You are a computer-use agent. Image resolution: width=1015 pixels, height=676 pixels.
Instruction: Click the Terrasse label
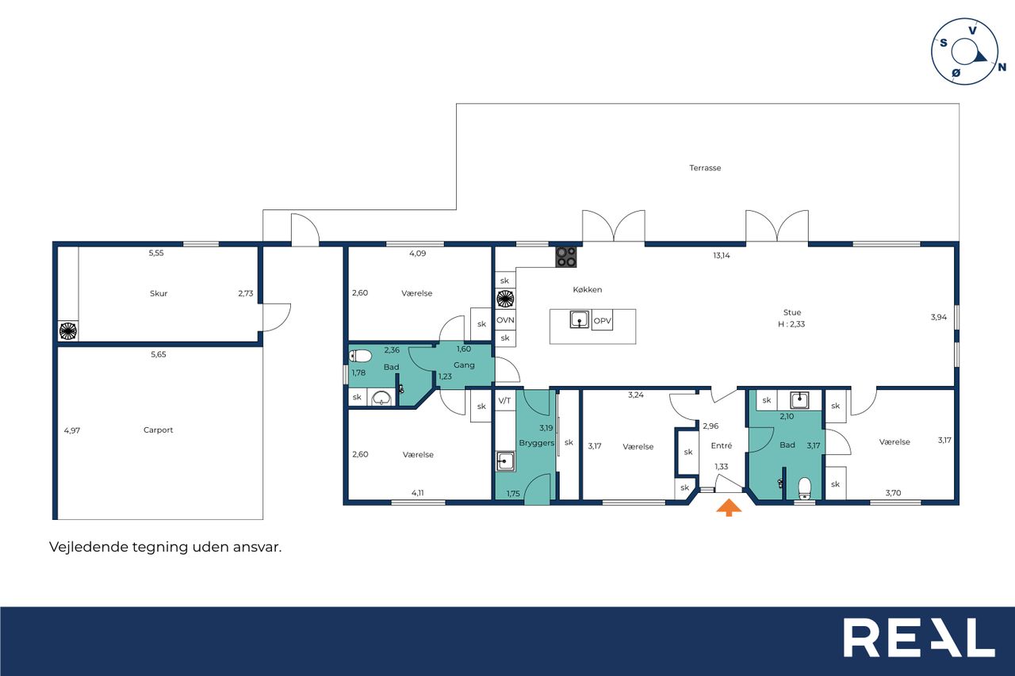705,168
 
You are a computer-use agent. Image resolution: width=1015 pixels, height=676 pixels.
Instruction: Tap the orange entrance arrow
729,507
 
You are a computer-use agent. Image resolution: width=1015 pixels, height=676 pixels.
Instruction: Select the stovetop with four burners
566,257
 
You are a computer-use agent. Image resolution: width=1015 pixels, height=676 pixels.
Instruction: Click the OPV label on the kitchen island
602,321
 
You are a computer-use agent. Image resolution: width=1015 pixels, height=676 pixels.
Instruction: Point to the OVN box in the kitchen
505,320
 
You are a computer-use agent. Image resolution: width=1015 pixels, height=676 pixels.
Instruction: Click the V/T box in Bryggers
505,401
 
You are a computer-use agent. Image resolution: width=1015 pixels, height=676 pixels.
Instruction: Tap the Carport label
158,430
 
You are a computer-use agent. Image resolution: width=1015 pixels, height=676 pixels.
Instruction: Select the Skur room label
159,293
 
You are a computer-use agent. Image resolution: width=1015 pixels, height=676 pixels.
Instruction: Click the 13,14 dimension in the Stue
722,255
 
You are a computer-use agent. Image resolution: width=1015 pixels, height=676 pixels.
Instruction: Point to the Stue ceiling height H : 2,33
791,324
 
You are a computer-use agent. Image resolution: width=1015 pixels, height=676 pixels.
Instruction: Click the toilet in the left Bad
361,356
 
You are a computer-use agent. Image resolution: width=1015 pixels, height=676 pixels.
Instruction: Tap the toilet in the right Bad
804,488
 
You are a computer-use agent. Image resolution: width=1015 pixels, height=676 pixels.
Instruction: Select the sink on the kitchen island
580,319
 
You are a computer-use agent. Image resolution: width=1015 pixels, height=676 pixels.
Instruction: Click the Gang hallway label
464,365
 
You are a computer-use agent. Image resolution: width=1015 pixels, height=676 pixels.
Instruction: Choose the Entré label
722,445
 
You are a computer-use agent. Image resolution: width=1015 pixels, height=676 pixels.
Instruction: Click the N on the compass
1002,67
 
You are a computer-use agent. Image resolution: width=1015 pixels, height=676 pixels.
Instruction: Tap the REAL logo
919,637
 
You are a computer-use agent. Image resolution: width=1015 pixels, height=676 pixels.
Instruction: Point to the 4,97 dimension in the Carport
72,430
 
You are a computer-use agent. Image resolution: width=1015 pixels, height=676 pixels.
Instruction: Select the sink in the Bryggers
505,461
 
